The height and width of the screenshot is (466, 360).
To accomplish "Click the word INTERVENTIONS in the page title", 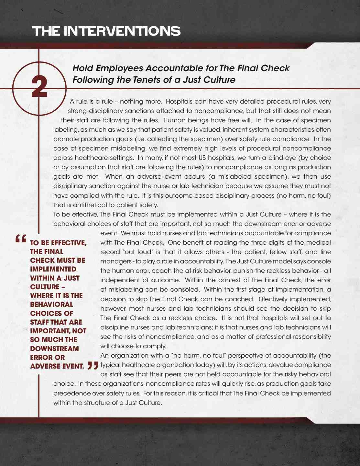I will tap(122, 31).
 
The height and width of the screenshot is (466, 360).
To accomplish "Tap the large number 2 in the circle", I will tap(39, 87).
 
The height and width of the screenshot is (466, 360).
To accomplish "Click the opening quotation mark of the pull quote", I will tap(20, 239).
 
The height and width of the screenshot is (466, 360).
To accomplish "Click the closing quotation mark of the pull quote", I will tap(93, 366).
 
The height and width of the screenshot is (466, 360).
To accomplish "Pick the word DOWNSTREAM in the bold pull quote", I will tap(54, 349).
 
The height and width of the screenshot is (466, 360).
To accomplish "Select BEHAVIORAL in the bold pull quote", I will tap(51, 305).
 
